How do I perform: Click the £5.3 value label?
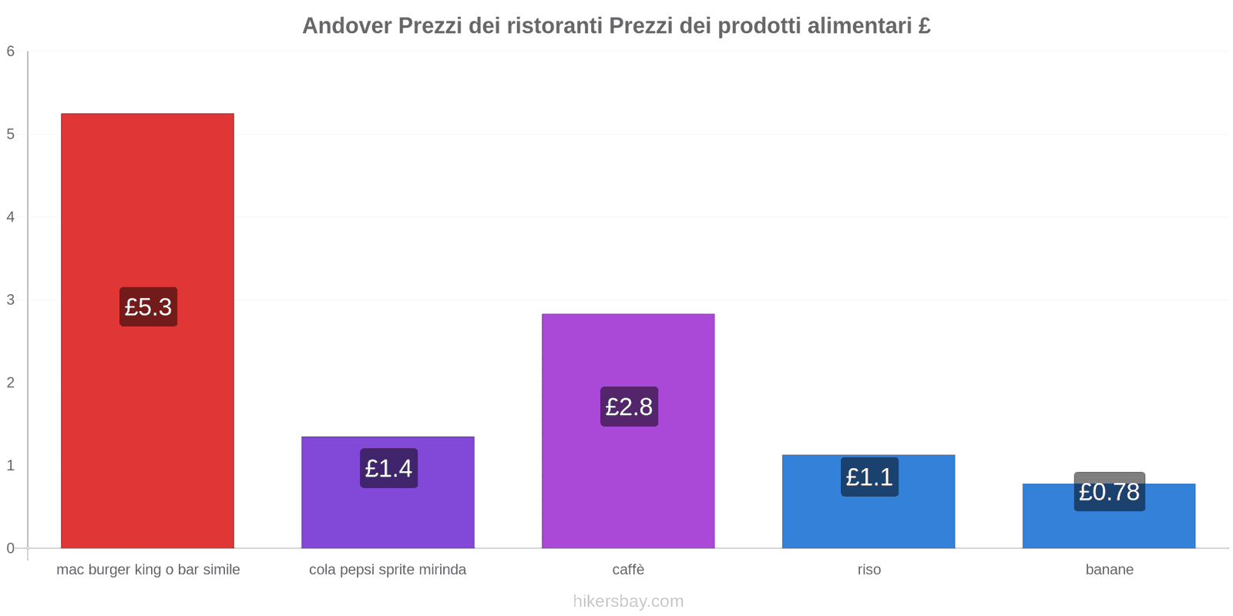148,306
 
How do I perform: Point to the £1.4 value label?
388,468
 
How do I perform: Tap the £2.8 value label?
629,407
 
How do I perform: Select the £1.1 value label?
869,477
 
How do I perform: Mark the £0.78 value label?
1109,491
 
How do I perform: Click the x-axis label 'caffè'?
628,570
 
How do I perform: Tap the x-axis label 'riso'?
868,570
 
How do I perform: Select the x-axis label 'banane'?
1109,570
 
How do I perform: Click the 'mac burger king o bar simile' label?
148,570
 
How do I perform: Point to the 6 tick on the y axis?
11,52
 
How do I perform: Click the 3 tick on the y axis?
11,300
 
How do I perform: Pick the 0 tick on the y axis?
11,548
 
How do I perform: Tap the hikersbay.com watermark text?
628,601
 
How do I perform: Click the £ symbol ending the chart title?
924,26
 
